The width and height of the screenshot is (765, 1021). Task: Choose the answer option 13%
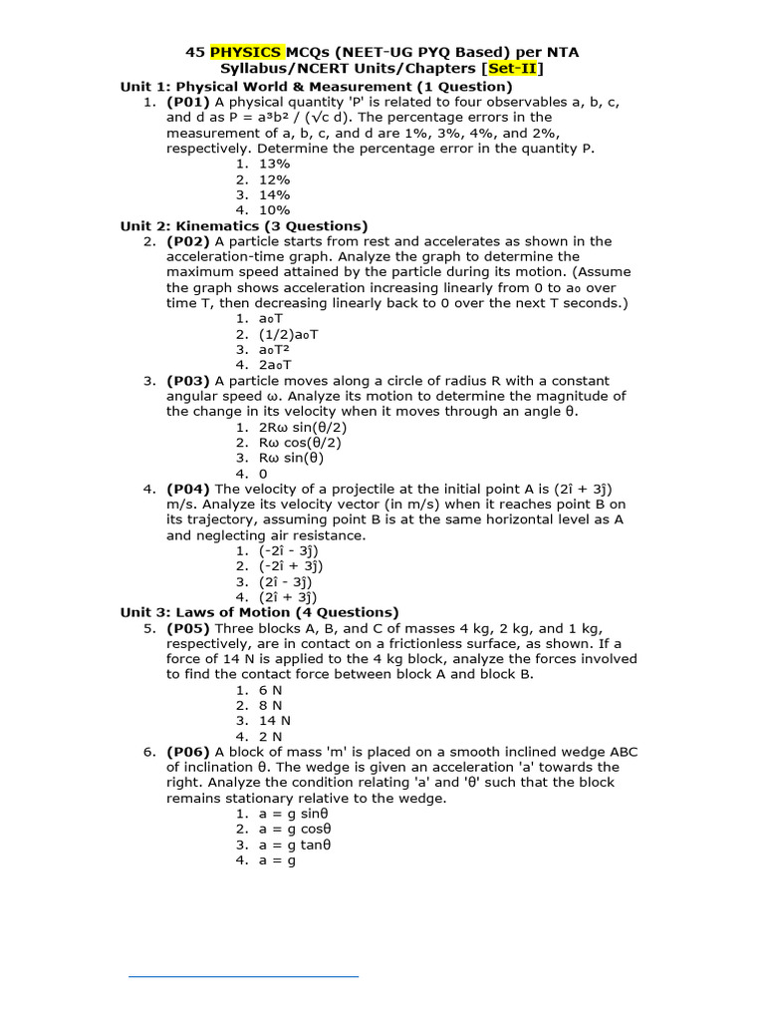point(274,164)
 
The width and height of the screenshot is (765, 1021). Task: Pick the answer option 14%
point(274,194)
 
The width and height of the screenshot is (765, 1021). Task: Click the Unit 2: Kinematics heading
point(244,226)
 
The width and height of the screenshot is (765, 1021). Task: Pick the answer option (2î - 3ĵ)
point(288,581)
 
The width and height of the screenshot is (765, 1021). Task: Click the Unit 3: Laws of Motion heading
point(259,612)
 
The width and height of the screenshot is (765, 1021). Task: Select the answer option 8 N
point(272,705)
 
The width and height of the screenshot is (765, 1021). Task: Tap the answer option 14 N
point(276,720)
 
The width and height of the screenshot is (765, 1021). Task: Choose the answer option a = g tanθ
point(294,845)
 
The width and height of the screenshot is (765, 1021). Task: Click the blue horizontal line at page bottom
point(243,976)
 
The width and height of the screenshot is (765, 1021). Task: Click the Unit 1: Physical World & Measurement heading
point(302,87)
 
